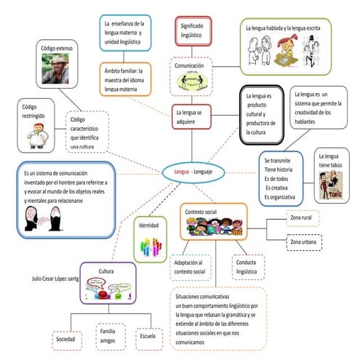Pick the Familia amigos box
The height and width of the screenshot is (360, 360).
(x=107, y=336)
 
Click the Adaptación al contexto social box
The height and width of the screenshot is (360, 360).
(x=190, y=267)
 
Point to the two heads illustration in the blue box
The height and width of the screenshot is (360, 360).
(x=45, y=218)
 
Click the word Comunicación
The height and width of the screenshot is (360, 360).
(x=193, y=65)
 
